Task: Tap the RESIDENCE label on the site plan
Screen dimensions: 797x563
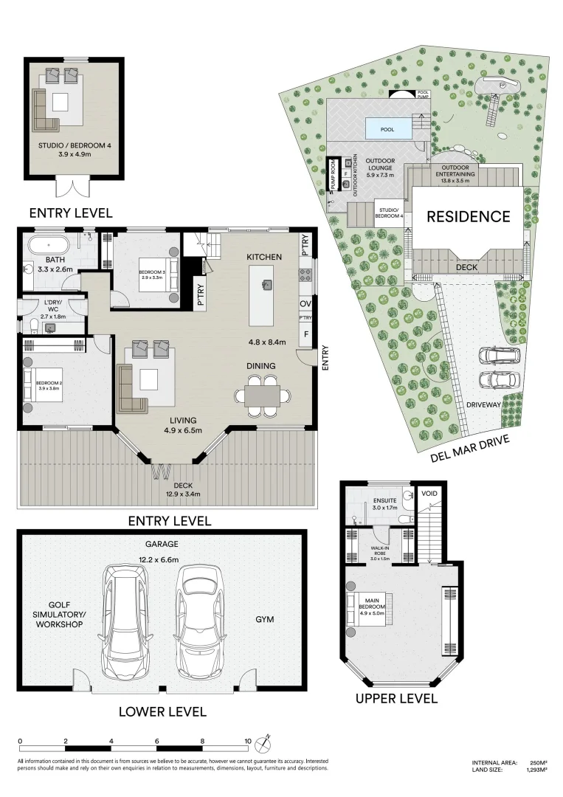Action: [468, 216]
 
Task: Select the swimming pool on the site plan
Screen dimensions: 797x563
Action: [387, 128]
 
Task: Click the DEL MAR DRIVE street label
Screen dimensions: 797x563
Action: [469, 449]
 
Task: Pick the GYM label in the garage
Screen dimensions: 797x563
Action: [264, 619]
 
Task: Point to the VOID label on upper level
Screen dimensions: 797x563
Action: [429, 492]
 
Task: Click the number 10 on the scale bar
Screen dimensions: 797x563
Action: [249, 741]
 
